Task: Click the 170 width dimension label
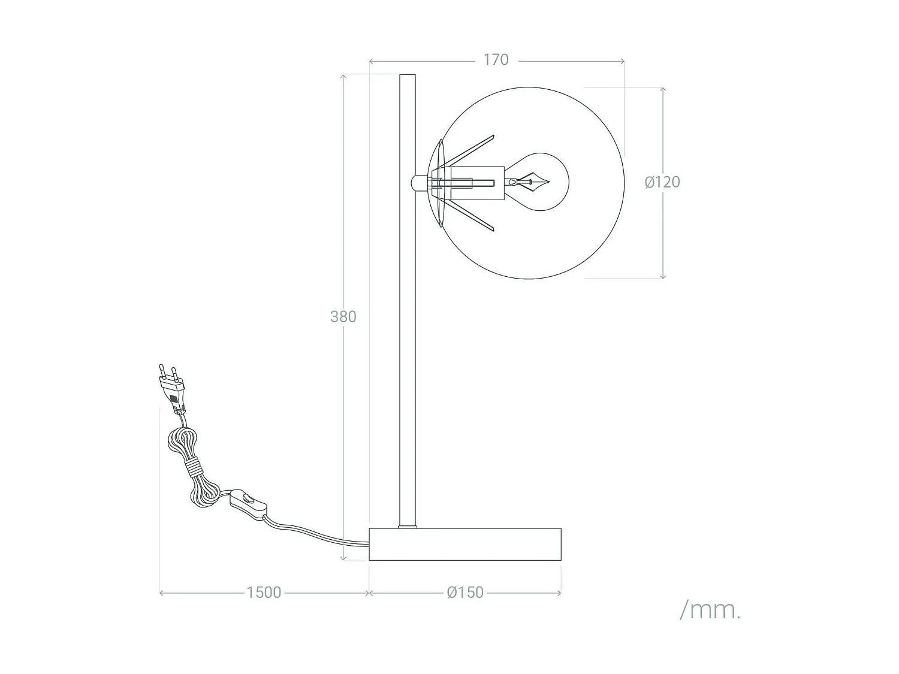[496, 60]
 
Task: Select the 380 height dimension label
[343, 316]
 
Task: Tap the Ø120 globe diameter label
[662, 182]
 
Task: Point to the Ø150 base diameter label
[465, 593]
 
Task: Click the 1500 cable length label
[264, 593]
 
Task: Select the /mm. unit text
[710, 610]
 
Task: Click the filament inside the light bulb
[532, 182]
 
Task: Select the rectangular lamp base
[465, 544]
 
